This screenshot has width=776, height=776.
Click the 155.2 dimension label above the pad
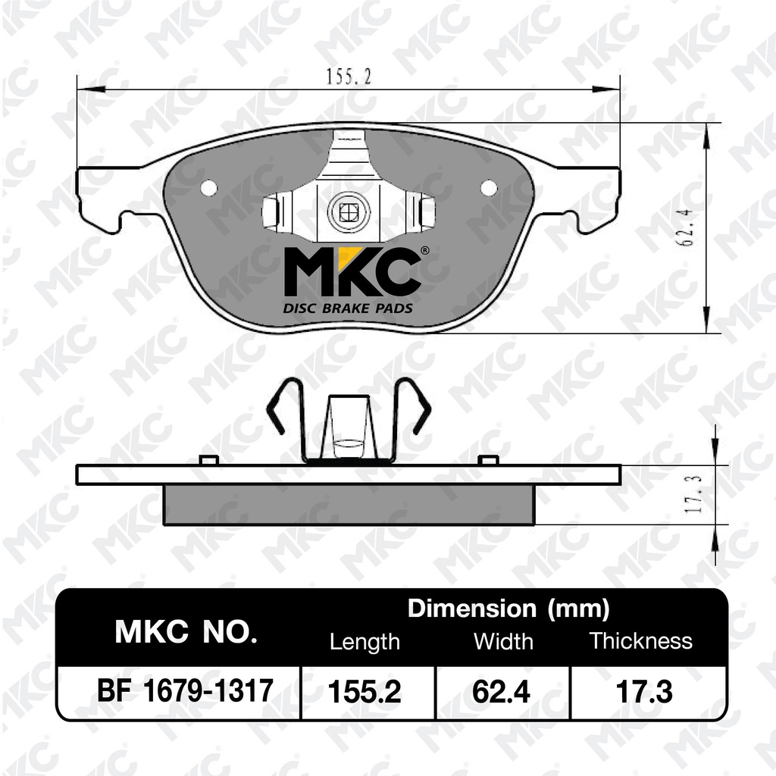tap(349, 76)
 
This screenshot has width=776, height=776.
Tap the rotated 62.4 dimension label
tap(687, 227)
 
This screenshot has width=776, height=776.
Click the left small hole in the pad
tap(209, 188)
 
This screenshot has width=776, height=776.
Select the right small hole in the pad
tap(489, 188)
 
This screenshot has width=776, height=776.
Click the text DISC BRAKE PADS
tap(347, 309)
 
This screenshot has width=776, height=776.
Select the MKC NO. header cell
tap(186, 631)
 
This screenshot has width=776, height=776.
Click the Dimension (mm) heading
tap(508, 609)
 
